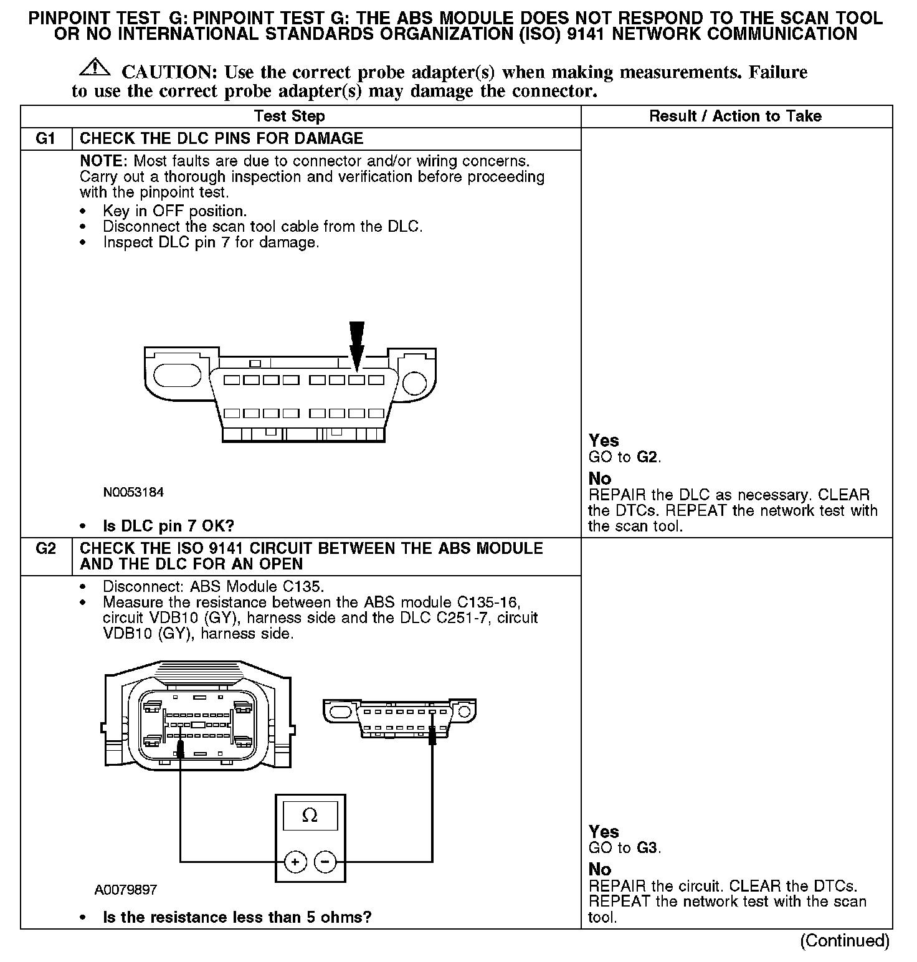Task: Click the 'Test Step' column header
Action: (x=289, y=117)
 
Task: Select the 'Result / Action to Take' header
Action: (x=735, y=117)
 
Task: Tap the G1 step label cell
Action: (x=46, y=138)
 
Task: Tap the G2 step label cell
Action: (x=46, y=549)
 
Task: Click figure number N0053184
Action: (x=133, y=492)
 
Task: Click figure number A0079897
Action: (x=126, y=890)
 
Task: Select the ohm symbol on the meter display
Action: (x=310, y=816)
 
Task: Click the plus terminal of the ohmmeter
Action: (x=295, y=862)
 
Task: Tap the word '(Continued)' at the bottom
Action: (x=845, y=941)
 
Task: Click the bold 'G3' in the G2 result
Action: (x=648, y=848)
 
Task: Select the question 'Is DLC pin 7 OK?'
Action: (x=168, y=526)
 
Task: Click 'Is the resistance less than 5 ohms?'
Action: (x=237, y=917)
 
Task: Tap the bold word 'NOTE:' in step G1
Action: (x=104, y=161)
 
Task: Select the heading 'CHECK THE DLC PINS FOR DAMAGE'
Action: (x=222, y=138)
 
